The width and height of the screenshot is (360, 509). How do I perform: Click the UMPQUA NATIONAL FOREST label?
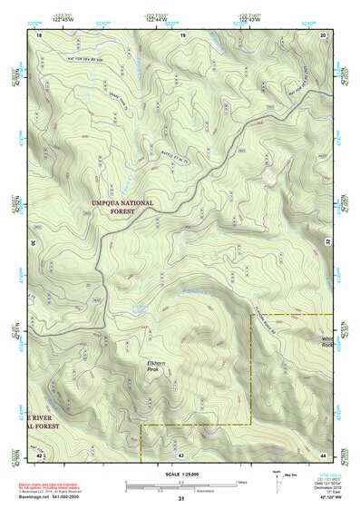coord(123,207)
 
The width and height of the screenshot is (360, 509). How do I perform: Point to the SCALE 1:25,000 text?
coord(182,474)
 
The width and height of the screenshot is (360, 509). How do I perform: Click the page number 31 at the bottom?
coord(181,499)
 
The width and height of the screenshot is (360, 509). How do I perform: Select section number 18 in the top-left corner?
coord(39,34)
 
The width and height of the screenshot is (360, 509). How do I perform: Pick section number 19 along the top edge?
coord(182,34)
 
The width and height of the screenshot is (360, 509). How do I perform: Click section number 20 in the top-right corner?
coord(325,34)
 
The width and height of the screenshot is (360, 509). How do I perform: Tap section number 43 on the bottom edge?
coord(180,453)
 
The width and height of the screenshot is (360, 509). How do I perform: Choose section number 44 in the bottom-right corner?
coord(324,453)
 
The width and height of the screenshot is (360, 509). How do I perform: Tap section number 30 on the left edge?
coord(33,243)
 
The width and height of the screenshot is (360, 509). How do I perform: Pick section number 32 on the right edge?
coord(328,243)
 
